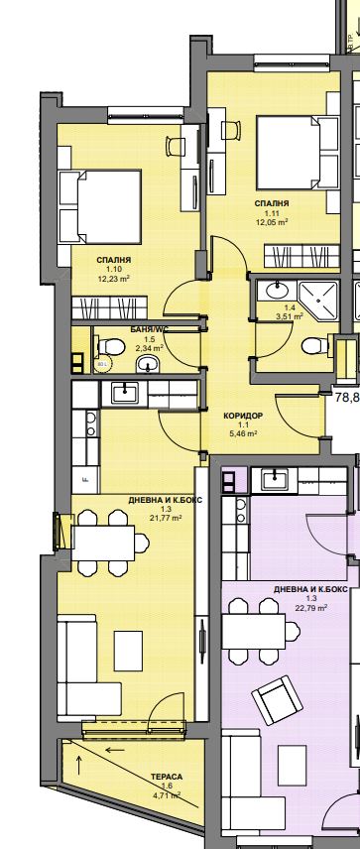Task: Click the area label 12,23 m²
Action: click(115, 279)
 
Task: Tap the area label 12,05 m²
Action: click(276, 222)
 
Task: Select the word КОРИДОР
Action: click(243, 415)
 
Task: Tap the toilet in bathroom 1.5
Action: click(112, 346)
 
